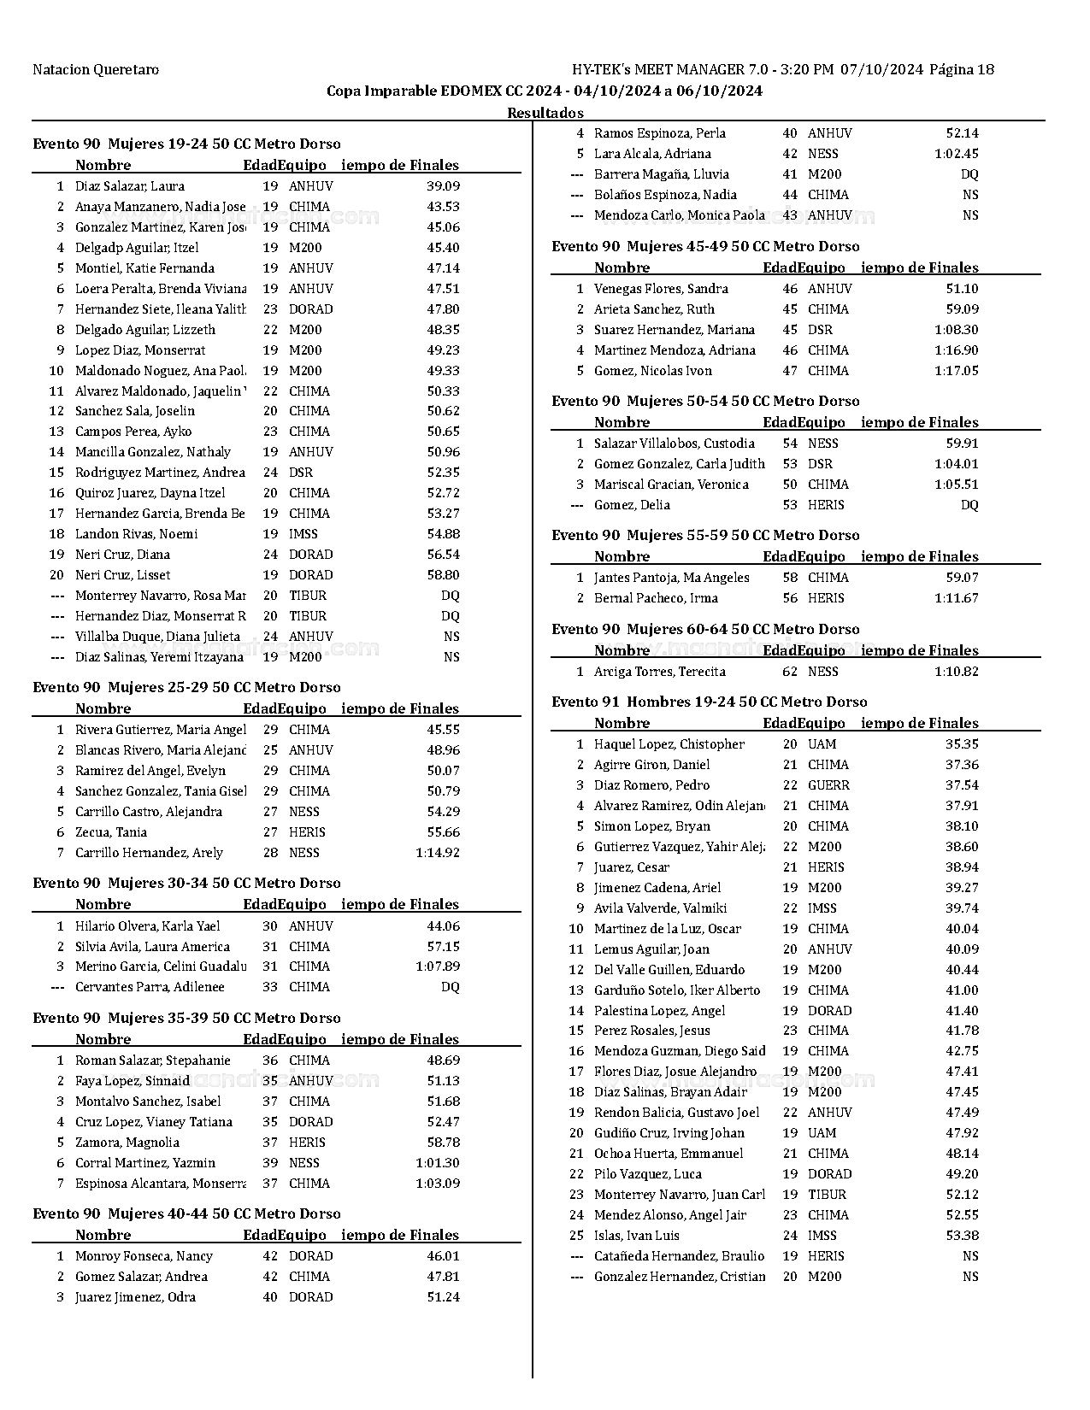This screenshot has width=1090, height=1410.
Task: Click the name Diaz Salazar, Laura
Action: click(129, 186)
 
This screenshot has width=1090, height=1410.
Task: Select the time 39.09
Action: click(443, 186)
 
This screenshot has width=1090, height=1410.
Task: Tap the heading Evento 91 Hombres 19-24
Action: click(709, 702)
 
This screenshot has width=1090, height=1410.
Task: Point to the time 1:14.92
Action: click(438, 853)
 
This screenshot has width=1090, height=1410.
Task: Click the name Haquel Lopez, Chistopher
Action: click(669, 744)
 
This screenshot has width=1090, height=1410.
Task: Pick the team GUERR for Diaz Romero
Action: click(828, 785)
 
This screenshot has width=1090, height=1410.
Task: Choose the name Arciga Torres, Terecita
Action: click(659, 672)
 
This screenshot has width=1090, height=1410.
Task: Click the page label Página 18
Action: click(961, 70)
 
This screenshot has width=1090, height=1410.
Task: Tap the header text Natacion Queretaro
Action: click(96, 70)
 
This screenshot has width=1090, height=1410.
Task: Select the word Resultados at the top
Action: click(545, 113)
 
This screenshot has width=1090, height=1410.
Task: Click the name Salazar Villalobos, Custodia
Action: click(674, 444)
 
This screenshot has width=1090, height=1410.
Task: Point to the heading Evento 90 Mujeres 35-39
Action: click(186, 1018)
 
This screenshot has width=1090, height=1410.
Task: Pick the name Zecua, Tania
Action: click(111, 832)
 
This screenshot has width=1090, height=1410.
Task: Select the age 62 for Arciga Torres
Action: click(790, 672)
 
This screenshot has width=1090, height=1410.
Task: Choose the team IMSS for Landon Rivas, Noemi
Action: click(303, 534)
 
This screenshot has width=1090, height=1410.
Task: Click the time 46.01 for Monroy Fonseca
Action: click(443, 1256)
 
